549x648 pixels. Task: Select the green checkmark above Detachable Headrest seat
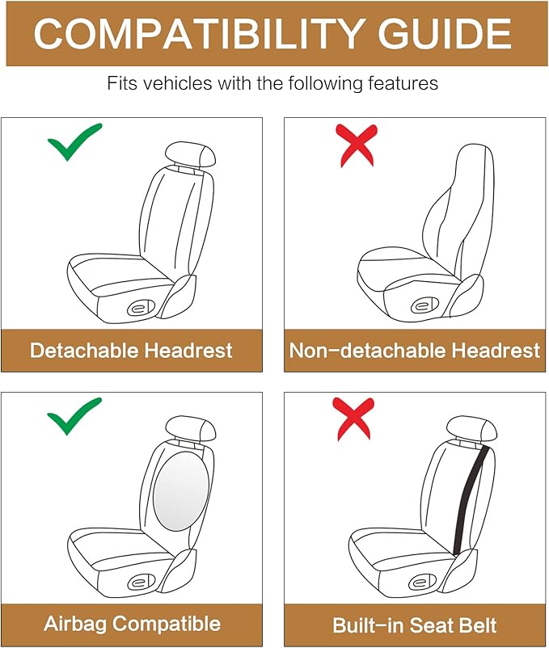[x=74, y=142]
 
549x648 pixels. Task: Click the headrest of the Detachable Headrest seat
[x=191, y=154]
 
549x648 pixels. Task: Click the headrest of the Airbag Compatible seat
[x=191, y=427]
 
